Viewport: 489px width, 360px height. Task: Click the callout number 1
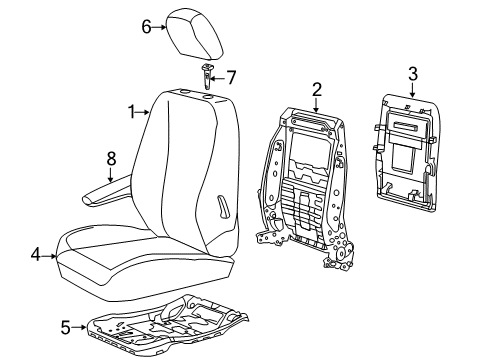pyautogui.click(x=131, y=114)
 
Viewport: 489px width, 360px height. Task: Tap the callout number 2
pyautogui.click(x=316, y=91)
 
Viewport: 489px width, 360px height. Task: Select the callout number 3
pyautogui.click(x=413, y=71)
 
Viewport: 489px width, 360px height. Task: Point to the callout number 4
pyautogui.click(x=35, y=255)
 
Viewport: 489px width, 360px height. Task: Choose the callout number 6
pyautogui.click(x=146, y=27)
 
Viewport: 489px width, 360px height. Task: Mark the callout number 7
pyautogui.click(x=231, y=76)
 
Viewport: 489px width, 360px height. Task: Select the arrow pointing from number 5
pyautogui.click(x=81, y=325)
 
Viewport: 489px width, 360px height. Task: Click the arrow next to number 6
pyautogui.click(x=159, y=27)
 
